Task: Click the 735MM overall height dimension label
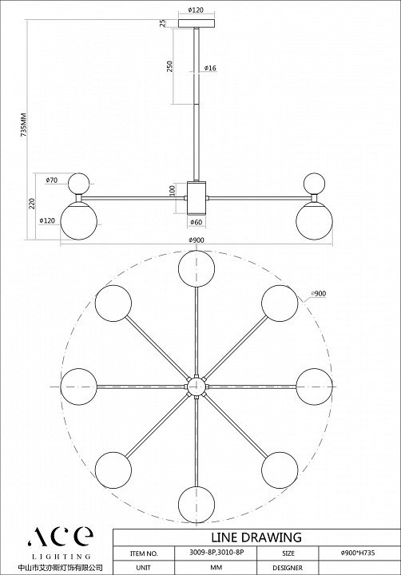click(24, 124)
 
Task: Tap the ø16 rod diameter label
click(210, 68)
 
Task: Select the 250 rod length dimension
click(169, 66)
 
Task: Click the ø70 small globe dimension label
click(52, 180)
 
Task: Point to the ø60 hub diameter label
click(197, 222)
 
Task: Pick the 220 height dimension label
click(32, 204)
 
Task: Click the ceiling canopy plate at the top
click(197, 23)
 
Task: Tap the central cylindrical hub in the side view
click(197, 198)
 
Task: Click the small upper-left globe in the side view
click(79, 184)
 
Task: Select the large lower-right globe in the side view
click(315, 222)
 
